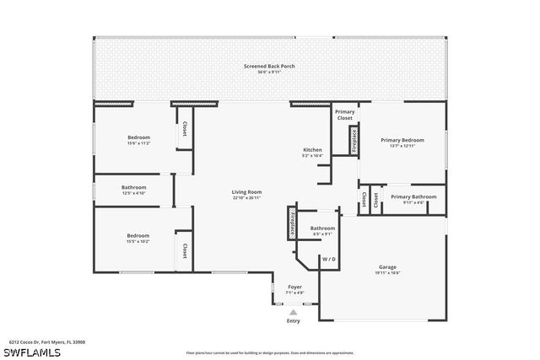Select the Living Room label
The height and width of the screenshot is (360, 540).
click(246, 192)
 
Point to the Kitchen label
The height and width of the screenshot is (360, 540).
click(312, 150)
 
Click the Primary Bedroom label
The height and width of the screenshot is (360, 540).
click(402, 140)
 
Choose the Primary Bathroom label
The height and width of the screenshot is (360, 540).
click(413, 196)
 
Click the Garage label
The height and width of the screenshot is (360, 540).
click(387, 266)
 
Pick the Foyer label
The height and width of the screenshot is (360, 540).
click(294, 287)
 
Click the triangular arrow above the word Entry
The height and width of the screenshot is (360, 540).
click(294, 311)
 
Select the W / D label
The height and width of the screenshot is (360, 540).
click(328, 259)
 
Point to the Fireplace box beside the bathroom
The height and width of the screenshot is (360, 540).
click(292, 223)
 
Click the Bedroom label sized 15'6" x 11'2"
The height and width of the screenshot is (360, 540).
click(138, 137)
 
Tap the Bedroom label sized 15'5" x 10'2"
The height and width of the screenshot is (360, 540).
click(138, 236)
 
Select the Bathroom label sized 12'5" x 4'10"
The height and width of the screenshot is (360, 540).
click(133, 187)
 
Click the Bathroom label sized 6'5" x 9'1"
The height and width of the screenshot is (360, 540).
click(322, 228)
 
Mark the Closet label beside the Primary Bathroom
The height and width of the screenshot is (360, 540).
click(364, 200)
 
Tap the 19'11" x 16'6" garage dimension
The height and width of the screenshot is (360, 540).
click(387, 272)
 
